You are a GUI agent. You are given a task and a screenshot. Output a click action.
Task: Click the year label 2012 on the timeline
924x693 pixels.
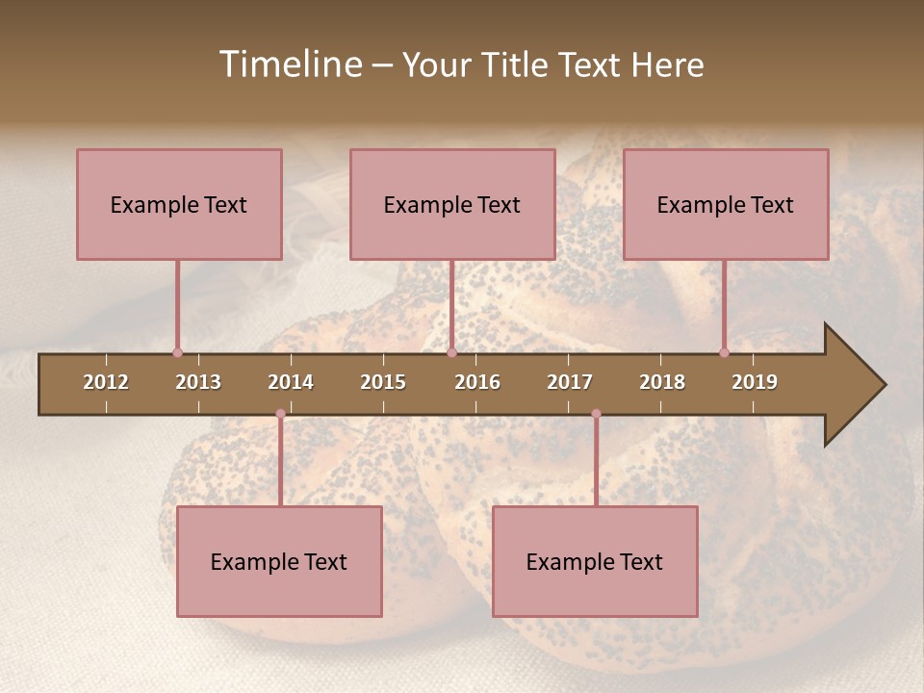(106, 382)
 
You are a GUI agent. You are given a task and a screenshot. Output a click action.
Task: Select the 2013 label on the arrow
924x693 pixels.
(198, 382)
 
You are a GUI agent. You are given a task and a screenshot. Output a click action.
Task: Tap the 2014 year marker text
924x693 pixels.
(291, 382)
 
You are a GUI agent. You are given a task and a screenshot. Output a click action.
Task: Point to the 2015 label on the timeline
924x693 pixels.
(383, 382)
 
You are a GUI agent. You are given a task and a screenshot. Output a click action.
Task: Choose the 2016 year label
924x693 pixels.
(477, 382)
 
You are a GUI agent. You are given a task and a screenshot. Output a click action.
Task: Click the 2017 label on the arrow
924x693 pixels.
(570, 382)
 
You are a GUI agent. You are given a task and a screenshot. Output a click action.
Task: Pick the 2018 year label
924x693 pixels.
(662, 382)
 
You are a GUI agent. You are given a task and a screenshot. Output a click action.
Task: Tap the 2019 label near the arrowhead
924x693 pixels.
(755, 382)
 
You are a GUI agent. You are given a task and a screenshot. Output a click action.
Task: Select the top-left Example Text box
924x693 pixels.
(179, 204)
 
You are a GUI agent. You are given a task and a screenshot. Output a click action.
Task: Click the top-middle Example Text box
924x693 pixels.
(452, 204)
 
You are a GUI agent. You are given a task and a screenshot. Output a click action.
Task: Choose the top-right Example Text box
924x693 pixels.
(726, 204)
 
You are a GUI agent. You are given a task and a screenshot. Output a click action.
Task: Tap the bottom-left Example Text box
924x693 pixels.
(279, 561)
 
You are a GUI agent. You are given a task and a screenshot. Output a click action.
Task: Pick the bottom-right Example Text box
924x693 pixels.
(595, 561)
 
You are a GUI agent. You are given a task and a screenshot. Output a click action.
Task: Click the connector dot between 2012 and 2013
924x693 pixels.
(177, 353)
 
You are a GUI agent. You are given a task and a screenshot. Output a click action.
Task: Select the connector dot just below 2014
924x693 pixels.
(280, 414)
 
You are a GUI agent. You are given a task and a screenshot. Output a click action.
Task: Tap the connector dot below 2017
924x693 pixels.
(596, 414)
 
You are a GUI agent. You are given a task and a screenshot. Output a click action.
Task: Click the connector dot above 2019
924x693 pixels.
(724, 353)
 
